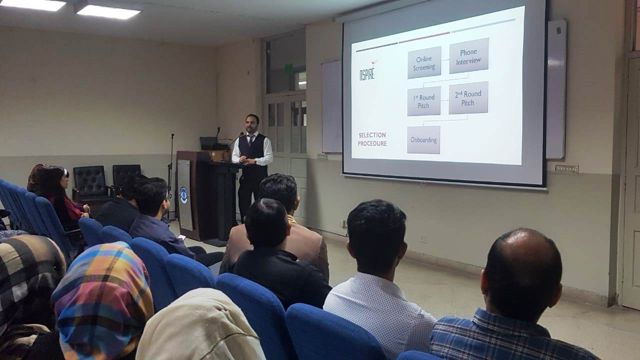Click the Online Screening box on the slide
coord(424,62)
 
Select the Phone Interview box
coord(469,55)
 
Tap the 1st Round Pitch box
coord(423,101)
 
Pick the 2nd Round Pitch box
coord(468,97)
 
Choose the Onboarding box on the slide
coord(423,140)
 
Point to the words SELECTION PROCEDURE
coord(372,139)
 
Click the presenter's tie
coord(250,140)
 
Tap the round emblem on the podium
coord(183,195)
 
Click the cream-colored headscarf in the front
coord(200,325)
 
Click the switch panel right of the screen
coord(566,168)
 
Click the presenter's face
coord(252,124)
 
